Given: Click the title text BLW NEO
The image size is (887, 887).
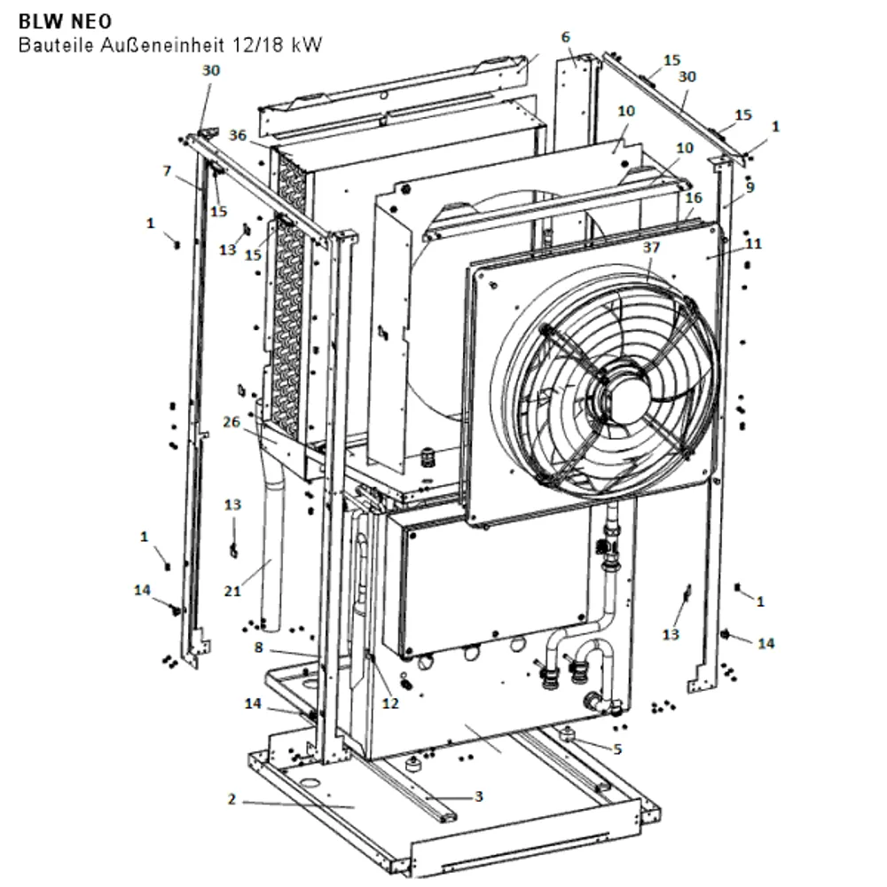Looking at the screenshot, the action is (65, 21).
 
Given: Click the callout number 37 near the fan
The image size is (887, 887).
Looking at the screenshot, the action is (652, 247).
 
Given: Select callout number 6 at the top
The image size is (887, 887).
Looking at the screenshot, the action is (566, 37).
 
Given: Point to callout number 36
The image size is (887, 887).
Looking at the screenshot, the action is (238, 136).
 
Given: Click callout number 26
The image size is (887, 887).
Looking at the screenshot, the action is (232, 422).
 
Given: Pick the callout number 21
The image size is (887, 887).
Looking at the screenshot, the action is (232, 591).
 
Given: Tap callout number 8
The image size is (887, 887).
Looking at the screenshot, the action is (258, 648).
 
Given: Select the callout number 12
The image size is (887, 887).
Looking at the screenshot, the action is (390, 703).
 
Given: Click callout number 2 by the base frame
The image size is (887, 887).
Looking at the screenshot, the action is (232, 799).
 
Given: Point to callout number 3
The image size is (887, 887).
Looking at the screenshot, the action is (479, 797).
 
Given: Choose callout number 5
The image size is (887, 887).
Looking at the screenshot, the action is (617, 749).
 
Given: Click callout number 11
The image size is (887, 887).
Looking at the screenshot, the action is (753, 244).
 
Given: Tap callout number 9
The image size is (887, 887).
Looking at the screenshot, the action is (750, 187).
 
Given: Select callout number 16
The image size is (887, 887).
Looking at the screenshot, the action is (694, 198).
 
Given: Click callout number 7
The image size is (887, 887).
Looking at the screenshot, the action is (167, 171).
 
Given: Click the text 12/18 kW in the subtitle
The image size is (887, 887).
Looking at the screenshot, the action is (277, 44).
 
